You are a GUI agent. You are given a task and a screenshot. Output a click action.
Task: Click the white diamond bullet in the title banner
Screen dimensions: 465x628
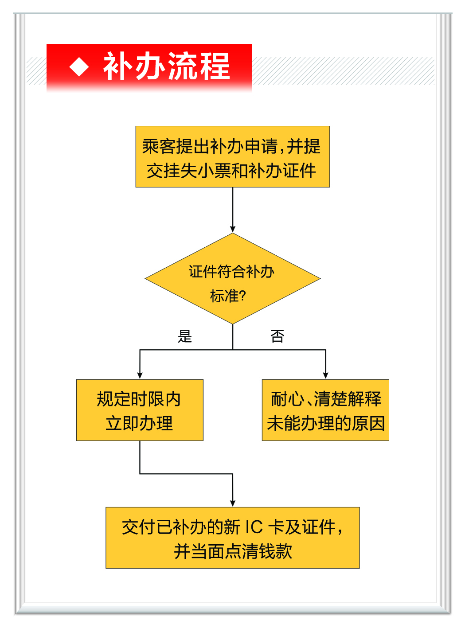point(79,66)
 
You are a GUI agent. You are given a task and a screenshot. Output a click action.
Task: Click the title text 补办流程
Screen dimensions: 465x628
point(166,66)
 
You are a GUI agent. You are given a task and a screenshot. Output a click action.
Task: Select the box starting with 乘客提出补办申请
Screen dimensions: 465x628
point(232,156)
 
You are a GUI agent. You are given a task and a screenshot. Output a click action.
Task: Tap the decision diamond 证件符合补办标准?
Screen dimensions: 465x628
point(232,278)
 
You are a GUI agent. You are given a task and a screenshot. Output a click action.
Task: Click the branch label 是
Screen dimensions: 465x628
point(185,336)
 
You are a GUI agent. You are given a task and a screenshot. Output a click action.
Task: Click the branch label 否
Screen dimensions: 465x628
point(277,336)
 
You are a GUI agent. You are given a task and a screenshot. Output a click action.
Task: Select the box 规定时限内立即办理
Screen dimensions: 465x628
point(140,410)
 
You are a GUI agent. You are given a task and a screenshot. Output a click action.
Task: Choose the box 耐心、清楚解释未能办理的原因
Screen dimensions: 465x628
point(325,410)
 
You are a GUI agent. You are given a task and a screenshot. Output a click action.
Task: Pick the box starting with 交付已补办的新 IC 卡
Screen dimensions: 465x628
point(232,538)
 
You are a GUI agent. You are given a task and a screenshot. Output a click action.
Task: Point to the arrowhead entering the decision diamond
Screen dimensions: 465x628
point(232,229)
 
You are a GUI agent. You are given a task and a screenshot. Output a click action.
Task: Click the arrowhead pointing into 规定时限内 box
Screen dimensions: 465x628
point(140,376)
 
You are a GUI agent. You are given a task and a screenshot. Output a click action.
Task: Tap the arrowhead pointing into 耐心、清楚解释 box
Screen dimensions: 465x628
point(325,376)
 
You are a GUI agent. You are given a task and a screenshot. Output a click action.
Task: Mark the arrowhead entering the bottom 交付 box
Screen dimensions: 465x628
point(232,503)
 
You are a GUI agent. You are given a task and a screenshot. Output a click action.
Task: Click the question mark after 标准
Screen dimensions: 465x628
point(242,296)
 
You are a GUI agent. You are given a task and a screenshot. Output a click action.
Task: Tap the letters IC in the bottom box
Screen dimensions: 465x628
point(254,527)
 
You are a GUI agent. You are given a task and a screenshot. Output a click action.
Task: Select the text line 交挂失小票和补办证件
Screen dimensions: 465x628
point(231,171)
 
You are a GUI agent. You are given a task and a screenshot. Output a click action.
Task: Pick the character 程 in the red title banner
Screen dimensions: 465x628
point(215,66)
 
